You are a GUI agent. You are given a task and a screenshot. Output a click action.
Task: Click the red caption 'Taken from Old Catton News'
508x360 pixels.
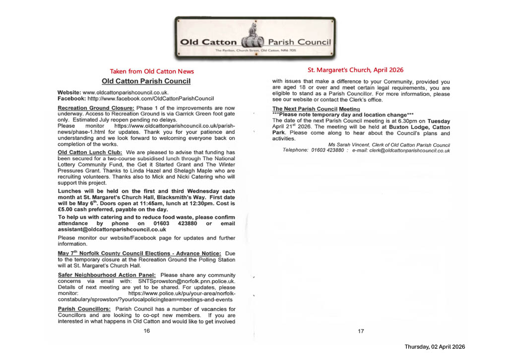(x=152, y=71)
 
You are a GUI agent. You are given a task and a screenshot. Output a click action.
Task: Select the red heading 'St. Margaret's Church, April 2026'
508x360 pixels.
(x=356, y=70)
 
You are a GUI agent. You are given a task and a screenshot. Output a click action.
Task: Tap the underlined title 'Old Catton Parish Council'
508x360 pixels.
(x=146, y=81)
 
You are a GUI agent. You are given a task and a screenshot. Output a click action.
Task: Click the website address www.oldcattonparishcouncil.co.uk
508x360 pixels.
(x=126, y=93)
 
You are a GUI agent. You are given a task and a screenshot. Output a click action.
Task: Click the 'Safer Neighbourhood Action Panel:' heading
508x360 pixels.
(x=107, y=275)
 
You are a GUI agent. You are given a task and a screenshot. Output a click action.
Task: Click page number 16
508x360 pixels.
(x=147, y=331)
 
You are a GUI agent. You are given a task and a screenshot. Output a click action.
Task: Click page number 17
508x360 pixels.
(x=361, y=331)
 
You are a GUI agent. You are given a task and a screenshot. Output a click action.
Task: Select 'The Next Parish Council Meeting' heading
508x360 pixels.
(x=316, y=109)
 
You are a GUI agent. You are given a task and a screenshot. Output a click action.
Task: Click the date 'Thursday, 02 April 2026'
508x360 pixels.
(x=435, y=347)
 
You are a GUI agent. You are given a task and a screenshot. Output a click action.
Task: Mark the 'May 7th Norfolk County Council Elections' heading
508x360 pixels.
(x=135, y=253)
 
